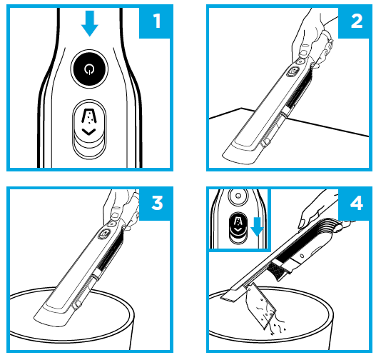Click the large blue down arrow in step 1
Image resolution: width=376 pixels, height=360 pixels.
pos(88,24)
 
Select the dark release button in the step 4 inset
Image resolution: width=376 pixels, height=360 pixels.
pos(235,227)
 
